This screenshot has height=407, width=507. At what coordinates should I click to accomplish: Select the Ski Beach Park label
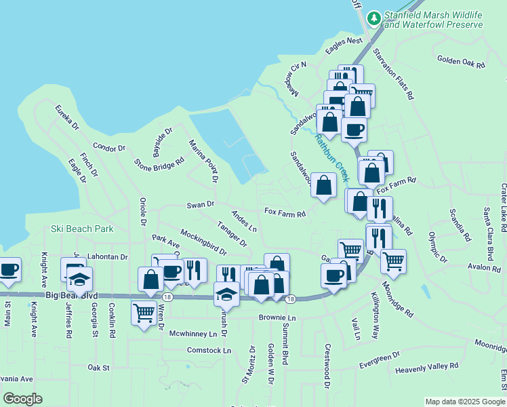point(82,229)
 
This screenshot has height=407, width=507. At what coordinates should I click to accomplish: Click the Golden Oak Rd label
point(461,62)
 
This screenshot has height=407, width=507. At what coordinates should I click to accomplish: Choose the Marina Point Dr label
point(203,161)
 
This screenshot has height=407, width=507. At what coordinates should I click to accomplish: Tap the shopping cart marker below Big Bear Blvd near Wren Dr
point(144,313)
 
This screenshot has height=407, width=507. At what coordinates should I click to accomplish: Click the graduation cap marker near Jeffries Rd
point(79,279)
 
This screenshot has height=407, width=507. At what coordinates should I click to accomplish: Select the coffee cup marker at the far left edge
point(9,269)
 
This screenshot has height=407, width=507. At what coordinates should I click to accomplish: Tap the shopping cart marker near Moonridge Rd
point(392,260)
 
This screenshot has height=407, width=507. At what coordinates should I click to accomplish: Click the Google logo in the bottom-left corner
point(22,399)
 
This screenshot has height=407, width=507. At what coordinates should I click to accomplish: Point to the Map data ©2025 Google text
point(465,402)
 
